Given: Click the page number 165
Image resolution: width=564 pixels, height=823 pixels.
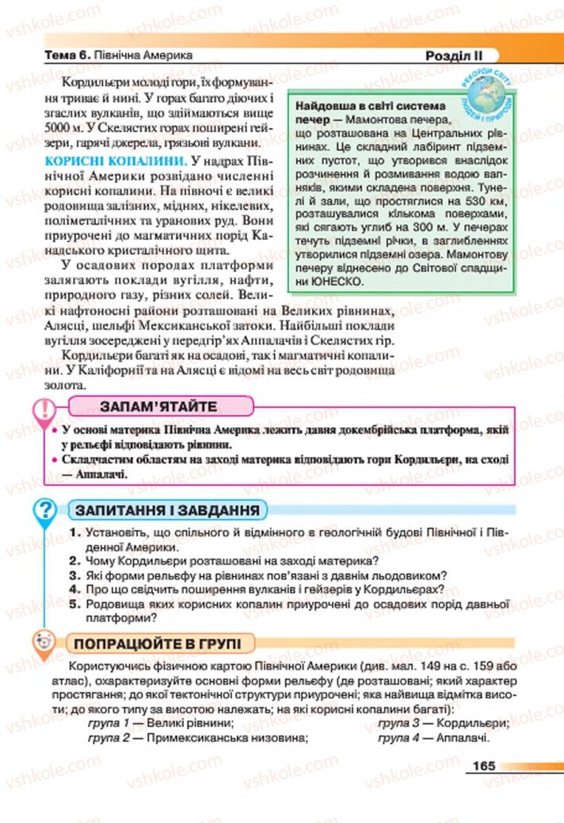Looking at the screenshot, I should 481,765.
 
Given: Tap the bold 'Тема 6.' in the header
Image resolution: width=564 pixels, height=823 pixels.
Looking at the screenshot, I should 67,57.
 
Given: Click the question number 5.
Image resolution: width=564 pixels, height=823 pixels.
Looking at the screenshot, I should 73,604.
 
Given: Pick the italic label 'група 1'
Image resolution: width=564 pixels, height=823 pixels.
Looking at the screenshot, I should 109,723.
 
